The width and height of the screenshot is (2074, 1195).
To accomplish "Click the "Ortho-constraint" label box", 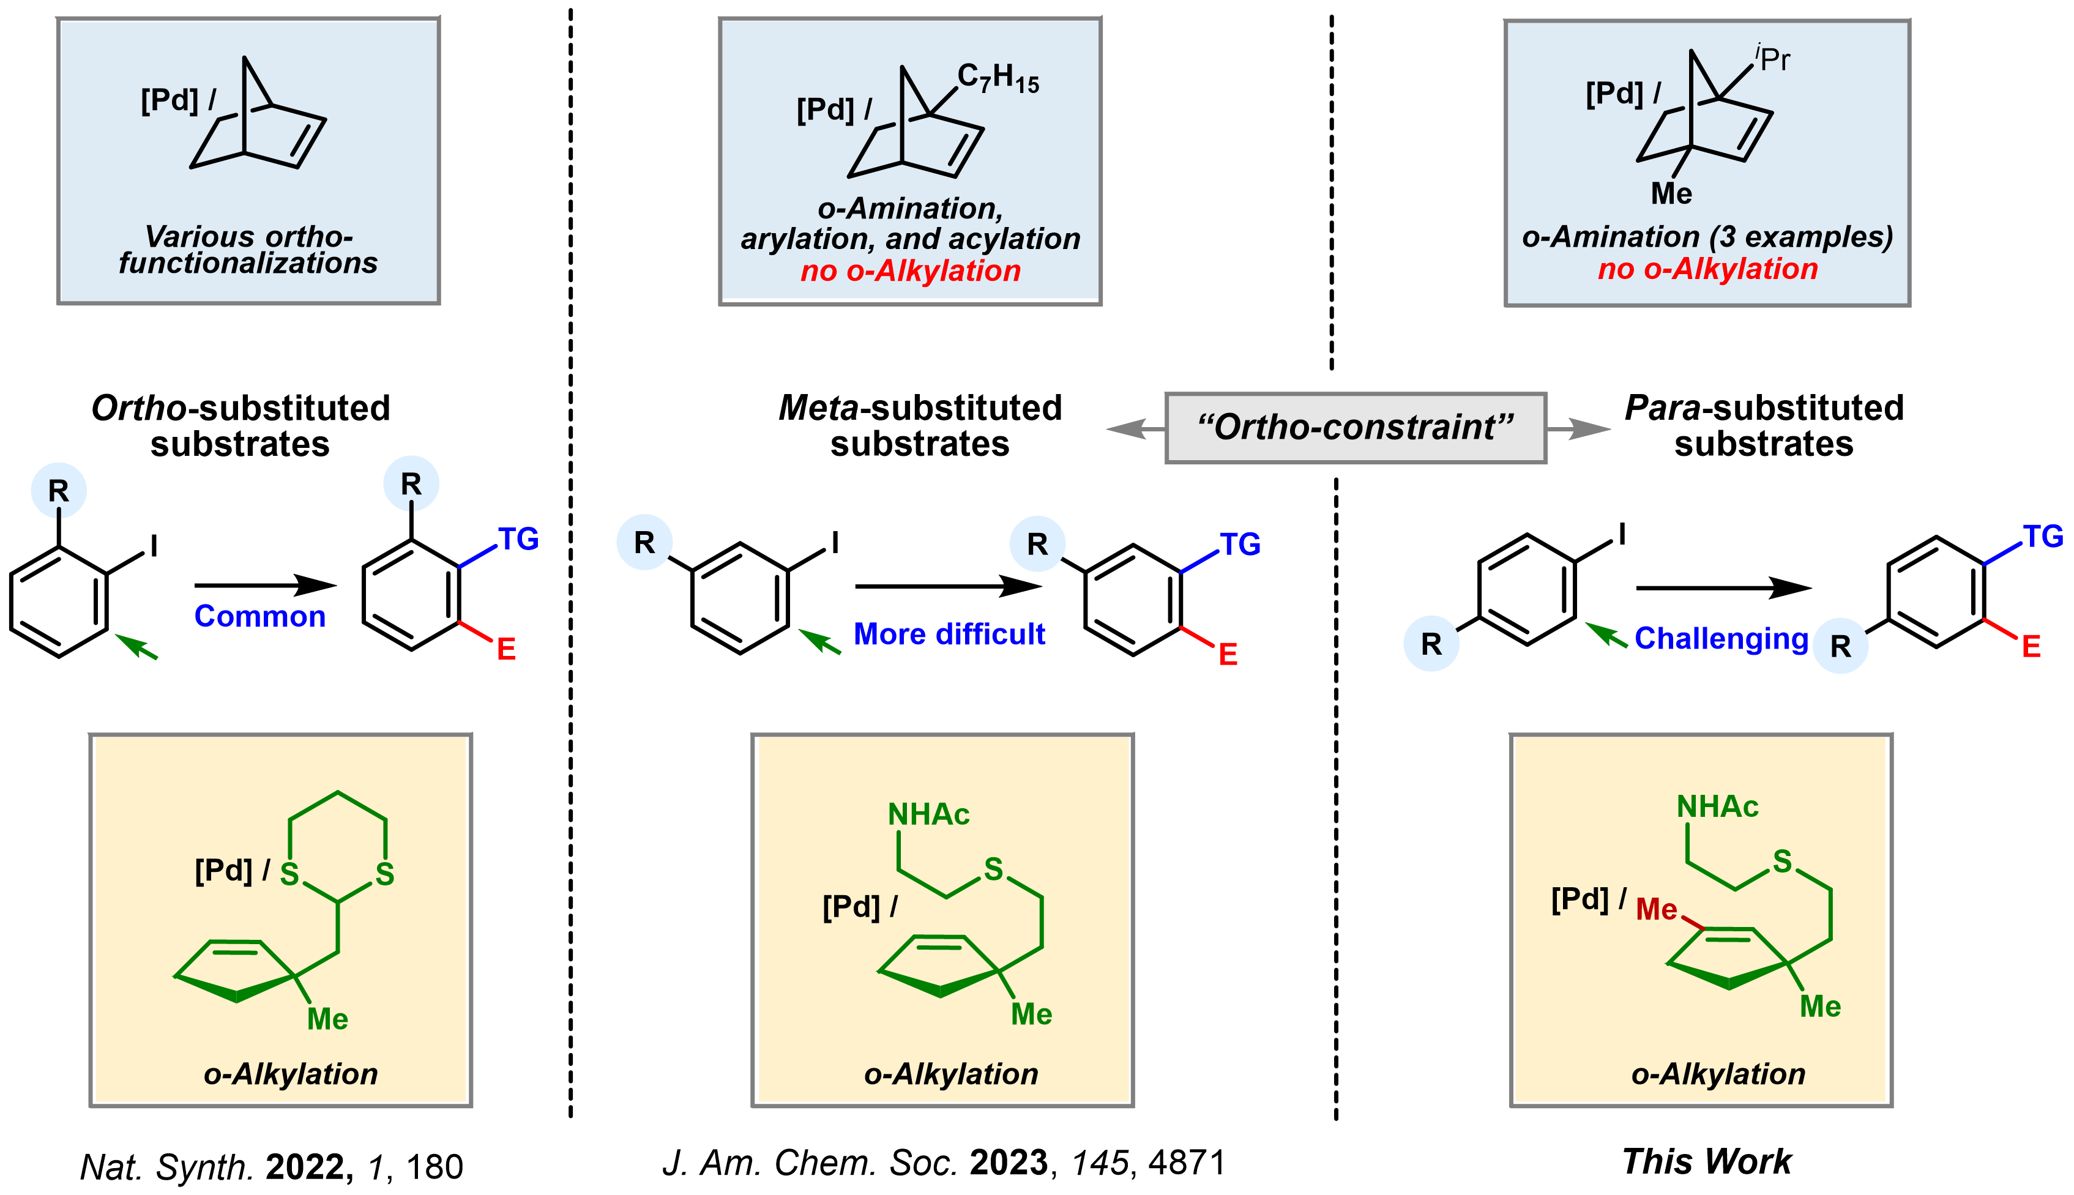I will point(1355,428).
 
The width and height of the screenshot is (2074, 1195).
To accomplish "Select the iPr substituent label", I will point(1773,58).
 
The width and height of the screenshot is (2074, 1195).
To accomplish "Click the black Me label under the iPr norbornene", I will point(1671,194).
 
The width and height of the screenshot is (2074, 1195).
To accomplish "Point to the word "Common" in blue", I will point(259,616).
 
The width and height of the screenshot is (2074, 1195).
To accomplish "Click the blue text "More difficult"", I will point(949,635).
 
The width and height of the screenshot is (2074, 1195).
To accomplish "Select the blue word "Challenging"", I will point(1721,639).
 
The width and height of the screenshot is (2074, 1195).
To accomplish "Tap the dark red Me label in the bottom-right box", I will point(1655,909).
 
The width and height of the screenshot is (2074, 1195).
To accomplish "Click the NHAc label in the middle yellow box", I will point(928,814).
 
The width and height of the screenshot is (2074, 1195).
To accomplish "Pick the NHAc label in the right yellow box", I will point(1717,807).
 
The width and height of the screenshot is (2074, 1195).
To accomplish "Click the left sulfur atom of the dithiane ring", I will point(289,874).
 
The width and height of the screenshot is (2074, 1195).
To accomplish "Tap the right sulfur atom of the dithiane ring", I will point(385,874).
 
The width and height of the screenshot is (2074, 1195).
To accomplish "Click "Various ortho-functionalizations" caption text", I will point(248,250).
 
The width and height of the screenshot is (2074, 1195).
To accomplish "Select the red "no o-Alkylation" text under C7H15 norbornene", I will point(910,271).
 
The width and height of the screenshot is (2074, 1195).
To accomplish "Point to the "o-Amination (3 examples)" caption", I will point(1707,236).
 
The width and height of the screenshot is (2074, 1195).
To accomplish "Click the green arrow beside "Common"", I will point(136,646).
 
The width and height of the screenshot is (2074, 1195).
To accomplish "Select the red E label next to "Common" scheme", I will point(506,649).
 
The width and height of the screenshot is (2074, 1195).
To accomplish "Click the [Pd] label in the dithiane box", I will point(223,870).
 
